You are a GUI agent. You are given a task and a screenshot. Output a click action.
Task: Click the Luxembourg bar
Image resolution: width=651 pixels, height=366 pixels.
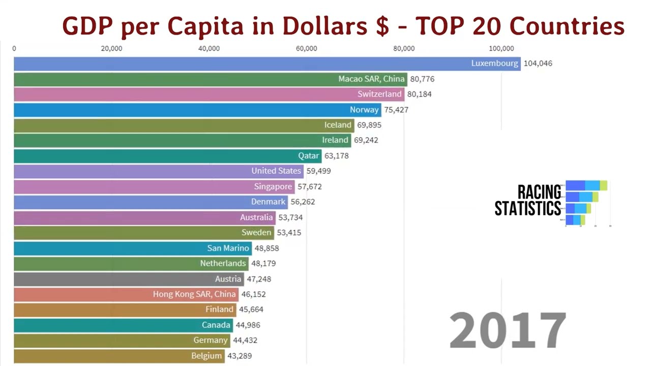[254, 64]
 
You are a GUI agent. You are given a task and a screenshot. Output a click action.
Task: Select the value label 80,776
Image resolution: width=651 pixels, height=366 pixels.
[422, 79]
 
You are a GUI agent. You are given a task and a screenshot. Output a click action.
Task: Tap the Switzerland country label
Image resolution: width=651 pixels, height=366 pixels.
[379, 94]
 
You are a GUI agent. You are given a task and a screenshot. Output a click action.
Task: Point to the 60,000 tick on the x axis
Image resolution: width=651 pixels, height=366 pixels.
[307, 49]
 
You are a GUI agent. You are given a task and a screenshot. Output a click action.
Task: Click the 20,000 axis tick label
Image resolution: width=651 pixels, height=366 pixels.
[111, 49]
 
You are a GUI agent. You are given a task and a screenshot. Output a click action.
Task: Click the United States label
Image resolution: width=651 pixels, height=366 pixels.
[276, 171]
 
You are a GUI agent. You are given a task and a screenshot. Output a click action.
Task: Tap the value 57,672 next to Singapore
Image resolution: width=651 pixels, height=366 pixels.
[309, 187]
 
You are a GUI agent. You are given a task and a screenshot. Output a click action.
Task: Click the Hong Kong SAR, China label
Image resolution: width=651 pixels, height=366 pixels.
[194, 294]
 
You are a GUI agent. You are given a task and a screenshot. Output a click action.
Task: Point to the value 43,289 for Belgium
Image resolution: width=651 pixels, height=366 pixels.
[239, 356]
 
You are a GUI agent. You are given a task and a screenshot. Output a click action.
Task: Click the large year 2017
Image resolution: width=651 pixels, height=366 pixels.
[508, 330]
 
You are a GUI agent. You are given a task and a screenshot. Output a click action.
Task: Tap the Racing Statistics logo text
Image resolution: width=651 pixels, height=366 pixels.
[528, 200]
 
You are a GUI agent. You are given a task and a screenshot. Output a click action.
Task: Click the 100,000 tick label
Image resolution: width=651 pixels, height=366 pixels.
[501, 49]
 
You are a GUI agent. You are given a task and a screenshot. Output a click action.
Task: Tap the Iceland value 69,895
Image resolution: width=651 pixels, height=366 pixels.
[369, 125]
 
